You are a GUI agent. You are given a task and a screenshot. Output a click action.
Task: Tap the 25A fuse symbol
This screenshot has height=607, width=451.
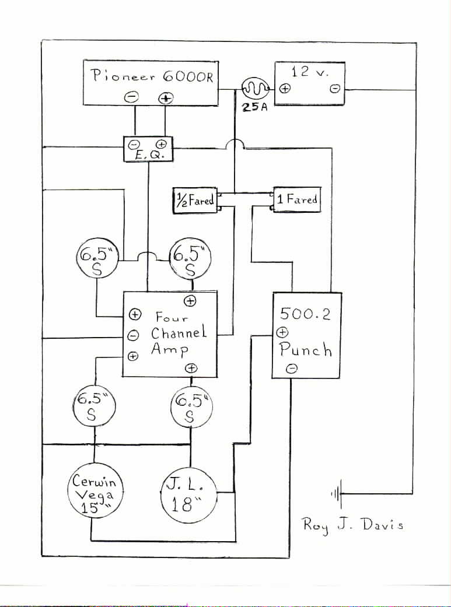click(x=254, y=89)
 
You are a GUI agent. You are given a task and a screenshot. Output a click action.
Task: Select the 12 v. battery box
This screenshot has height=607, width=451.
click(x=309, y=83)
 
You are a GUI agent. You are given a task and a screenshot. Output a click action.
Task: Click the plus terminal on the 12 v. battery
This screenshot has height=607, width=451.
click(x=285, y=89)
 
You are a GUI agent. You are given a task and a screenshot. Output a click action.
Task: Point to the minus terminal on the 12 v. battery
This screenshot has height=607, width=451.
click(x=335, y=89)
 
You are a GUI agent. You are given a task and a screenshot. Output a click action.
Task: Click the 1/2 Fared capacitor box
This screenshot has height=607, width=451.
click(x=194, y=200)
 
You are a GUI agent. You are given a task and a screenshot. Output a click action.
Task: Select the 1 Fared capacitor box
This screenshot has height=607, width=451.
click(x=297, y=199)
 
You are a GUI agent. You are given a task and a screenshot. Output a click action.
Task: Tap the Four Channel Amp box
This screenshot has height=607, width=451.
click(x=170, y=334)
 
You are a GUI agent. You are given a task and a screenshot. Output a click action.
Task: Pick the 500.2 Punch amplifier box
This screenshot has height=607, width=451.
click(x=306, y=335)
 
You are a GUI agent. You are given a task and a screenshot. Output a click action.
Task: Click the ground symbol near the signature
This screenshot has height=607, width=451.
click(x=335, y=495)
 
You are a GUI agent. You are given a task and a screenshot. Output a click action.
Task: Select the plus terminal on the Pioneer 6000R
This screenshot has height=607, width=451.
click(x=166, y=98)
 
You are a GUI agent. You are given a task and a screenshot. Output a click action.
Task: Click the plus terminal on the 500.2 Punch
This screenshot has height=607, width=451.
click(x=281, y=332)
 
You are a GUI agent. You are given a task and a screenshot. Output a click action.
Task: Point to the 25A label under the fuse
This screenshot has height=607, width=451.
click(x=254, y=108)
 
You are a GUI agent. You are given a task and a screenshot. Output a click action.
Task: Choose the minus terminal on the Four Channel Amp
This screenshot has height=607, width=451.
click(x=133, y=335)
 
